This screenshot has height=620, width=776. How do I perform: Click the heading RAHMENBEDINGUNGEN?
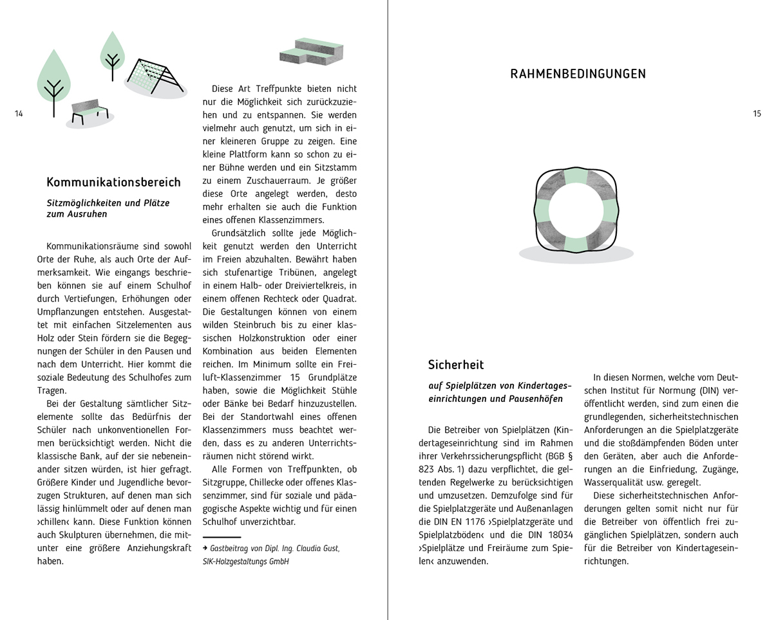coord(578,74)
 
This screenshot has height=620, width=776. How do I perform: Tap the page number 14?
coord(18,114)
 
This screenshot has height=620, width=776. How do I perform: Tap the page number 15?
coord(757,114)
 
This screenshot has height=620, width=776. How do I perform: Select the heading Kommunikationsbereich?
coord(113,182)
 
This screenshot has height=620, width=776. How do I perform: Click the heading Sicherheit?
coord(455,365)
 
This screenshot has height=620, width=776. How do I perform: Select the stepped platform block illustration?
coord(312,52)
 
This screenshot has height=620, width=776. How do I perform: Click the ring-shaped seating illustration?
coord(576,210)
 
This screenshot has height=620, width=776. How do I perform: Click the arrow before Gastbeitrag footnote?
coord(205,549)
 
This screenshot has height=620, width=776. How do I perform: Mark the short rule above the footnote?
coord(222,537)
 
